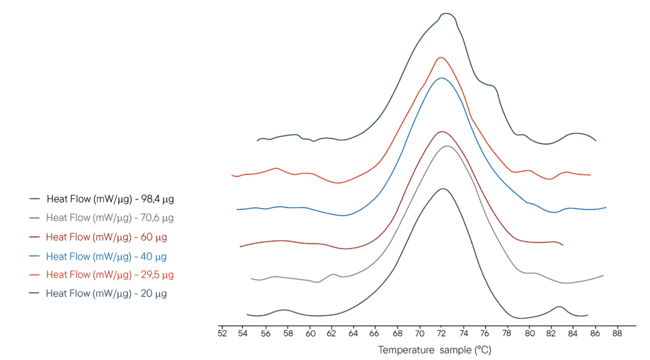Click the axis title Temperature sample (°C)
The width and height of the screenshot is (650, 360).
coord(434,349)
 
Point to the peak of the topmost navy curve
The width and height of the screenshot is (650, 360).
coord(447,13)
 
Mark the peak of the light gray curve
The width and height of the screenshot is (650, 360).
coord(448,146)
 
